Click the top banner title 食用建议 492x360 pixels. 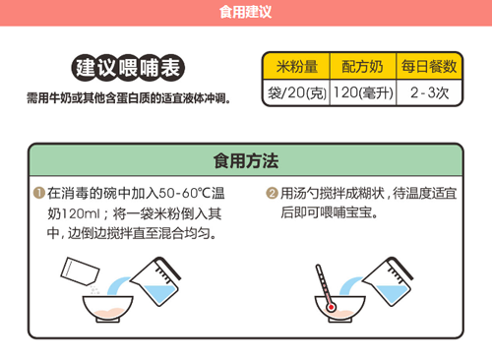(x=246, y=13)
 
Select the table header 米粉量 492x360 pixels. (x=294, y=68)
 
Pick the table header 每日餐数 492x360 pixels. (x=429, y=68)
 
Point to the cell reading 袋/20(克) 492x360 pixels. (x=294, y=93)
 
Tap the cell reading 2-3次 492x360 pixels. (x=429, y=93)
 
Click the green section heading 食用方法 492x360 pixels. (x=246, y=160)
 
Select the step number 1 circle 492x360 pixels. (x=38, y=193)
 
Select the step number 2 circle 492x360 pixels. (x=273, y=193)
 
